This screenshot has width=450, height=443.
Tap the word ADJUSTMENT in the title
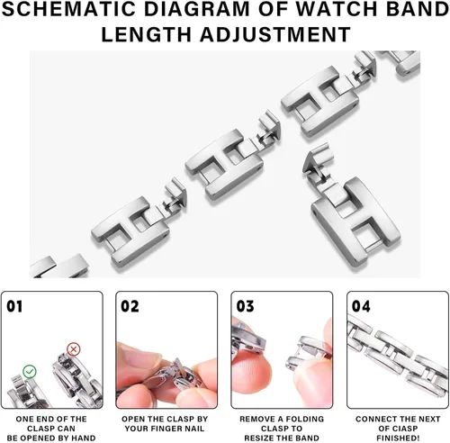point(275,34)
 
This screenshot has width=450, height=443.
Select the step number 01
point(14,306)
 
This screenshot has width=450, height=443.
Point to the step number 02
point(130,306)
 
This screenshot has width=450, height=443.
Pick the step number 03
point(245,306)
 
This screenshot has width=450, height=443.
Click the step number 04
point(361,306)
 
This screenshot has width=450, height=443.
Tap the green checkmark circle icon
point(30,372)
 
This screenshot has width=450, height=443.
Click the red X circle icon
point(73,349)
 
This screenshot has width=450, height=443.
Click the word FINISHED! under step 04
point(398,438)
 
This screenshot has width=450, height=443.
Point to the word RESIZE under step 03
point(260,438)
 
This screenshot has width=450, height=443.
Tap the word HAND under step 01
point(83,438)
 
